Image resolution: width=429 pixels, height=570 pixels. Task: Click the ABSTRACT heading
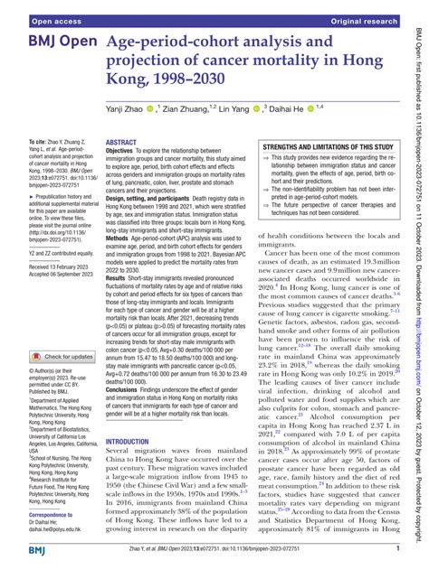click(x=121, y=143)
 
